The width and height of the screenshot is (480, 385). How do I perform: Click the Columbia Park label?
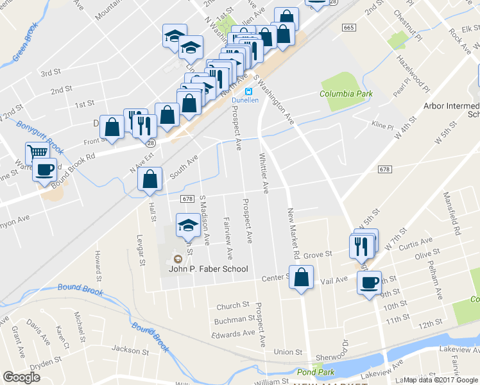(x=347, y=94)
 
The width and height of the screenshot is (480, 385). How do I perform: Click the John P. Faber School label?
(x=208, y=269)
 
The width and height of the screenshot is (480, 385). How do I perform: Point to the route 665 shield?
(x=348, y=28)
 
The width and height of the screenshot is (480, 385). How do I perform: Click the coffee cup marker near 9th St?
(x=369, y=283)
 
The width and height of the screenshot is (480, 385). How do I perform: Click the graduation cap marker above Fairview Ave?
(x=187, y=226)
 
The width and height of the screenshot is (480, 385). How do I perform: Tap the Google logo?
(x=22, y=377)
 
